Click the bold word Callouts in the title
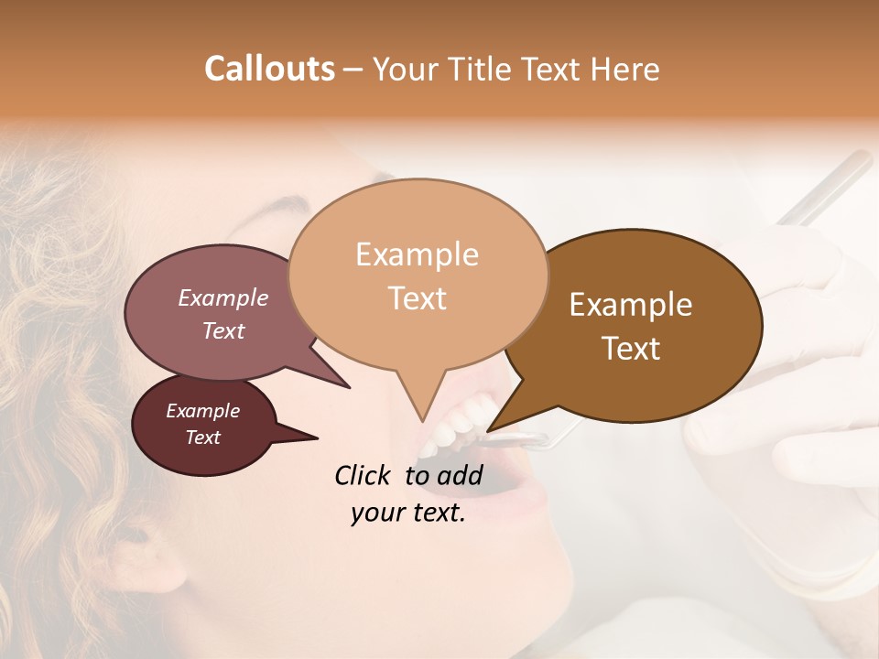269,69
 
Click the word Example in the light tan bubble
417,254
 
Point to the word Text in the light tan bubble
417,297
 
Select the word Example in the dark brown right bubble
631,305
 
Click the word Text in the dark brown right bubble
631,349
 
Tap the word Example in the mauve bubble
222,297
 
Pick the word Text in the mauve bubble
222,330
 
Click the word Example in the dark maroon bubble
202,411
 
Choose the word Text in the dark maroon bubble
202,438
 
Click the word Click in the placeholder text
363,475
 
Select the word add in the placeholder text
460,475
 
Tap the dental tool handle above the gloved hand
824,188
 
